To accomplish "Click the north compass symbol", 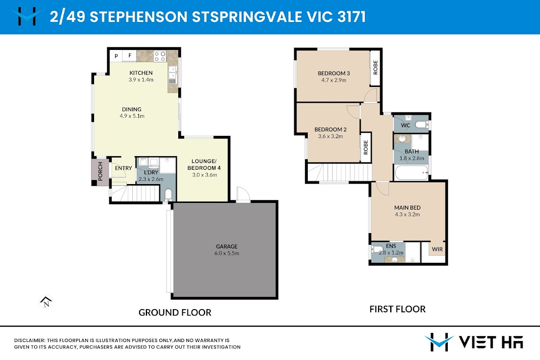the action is pyautogui.click(x=46, y=302).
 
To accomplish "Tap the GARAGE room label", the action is pyautogui.click(x=227, y=247).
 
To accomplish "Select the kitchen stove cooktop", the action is pyautogui.click(x=160, y=56).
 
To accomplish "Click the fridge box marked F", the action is pyautogui.click(x=130, y=56).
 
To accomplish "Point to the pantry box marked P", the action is pyautogui.click(x=116, y=56).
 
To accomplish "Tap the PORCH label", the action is pyautogui.click(x=100, y=171).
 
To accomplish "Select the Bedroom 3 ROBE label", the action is pyautogui.click(x=375, y=67).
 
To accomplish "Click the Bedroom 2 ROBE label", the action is pyautogui.click(x=366, y=147).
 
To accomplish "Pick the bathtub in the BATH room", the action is pyautogui.click(x=411, y=172).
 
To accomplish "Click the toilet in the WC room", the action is pyautogui.click(x=422, y=125).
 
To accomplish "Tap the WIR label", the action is pyautogui.click(x=437, y=249).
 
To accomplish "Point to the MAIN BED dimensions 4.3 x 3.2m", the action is pyautogui.click(x=407, y=214).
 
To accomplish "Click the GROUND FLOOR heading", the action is pyautogui.click(x=175, y=312).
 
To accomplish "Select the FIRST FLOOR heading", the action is pyautogui.click(x=397, y=309).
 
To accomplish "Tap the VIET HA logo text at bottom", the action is pyautogui.click(x=491, y=342).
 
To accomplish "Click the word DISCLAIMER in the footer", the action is pyautogui.click(x=29, y=341).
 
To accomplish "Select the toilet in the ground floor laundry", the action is pyautogui.click(x=168, y=195).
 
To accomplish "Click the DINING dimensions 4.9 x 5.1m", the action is pyautogui.click(x=132, y=116).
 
